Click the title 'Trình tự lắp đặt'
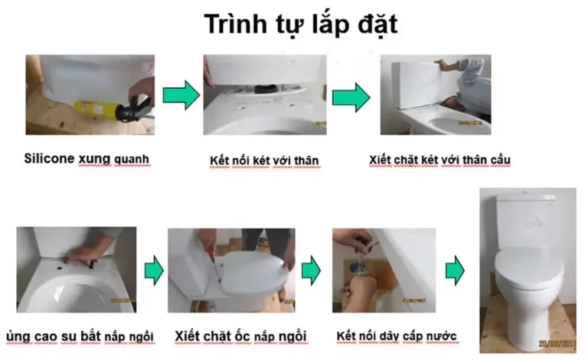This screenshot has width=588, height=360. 300,25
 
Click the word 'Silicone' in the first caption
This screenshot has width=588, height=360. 48,160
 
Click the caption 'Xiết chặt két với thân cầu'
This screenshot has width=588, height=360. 439,159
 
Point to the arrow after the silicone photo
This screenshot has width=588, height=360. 181,95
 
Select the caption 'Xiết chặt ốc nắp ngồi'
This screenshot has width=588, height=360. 240,335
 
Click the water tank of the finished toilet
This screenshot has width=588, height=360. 528,219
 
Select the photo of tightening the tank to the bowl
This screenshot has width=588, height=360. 435,95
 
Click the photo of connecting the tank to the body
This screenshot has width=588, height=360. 264,95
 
